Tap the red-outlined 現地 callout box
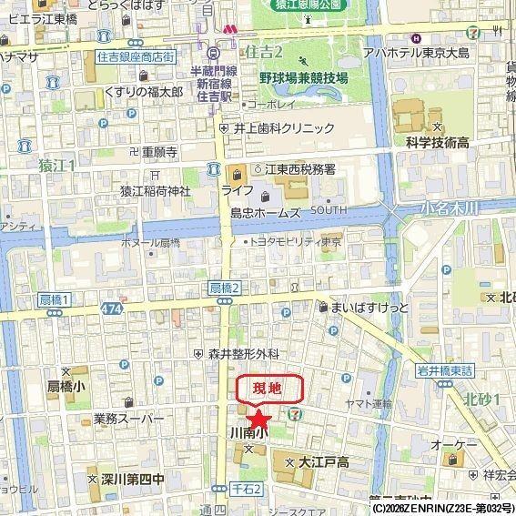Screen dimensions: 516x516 tap(268, 389)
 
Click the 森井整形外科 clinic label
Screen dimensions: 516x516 tap(243, 353)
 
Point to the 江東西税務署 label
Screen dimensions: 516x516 tap(300, 170)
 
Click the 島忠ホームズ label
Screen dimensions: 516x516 tap(266, 212)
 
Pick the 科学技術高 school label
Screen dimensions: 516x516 tap(438, 143)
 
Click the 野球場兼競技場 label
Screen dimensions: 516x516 tap(303, 78)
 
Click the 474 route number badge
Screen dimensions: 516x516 tap(113, 310)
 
